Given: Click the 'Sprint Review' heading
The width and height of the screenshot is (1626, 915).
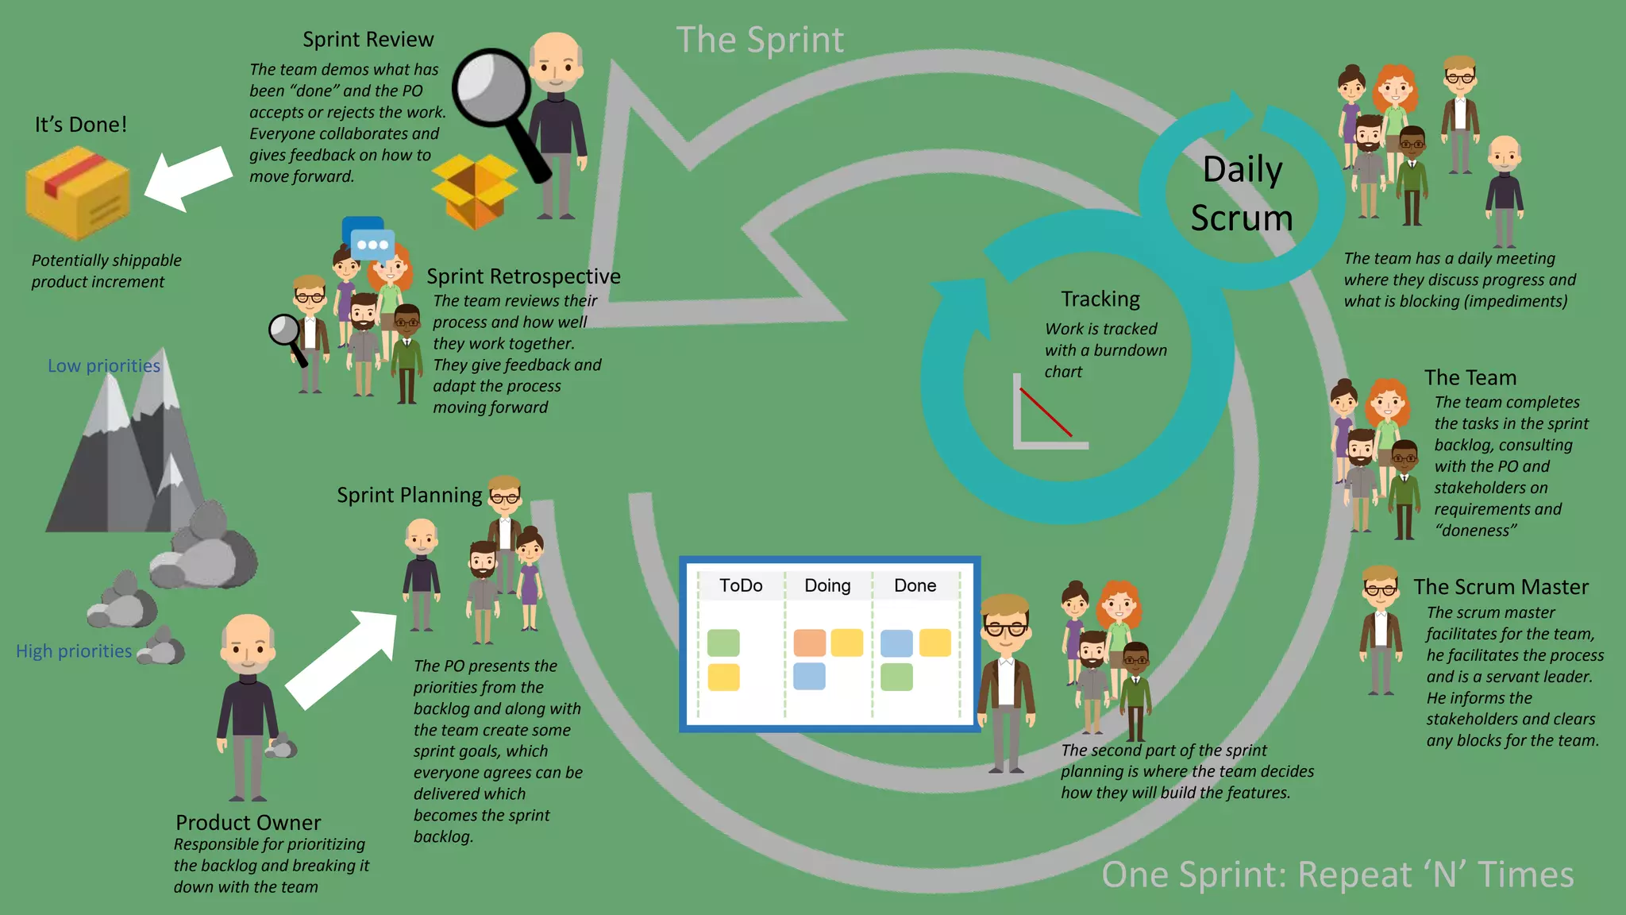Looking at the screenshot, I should (368, 40).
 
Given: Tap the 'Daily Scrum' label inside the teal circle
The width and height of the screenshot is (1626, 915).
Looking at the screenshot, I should (1242, 194).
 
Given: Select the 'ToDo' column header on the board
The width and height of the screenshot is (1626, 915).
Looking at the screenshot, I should (740, 586).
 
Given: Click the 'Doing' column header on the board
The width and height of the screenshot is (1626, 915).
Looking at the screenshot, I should (827, 586).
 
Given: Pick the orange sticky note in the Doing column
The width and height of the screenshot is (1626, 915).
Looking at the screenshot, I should (809, 643).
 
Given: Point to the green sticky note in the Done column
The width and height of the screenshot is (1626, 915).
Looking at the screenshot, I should (896, 678).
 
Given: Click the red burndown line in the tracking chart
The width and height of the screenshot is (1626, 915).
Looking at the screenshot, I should (1046, 412).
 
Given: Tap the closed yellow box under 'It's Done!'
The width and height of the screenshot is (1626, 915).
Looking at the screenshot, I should (77, 194).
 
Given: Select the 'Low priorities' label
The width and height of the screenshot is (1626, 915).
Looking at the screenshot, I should (104, 366).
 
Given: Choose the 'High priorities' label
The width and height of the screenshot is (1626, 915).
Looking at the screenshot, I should (74, 651).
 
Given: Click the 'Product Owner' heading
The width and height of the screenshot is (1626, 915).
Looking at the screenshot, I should (248, 822).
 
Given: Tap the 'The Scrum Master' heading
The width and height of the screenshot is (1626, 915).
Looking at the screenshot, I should (1501, 587).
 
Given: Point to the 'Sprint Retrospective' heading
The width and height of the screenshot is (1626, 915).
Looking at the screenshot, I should (523, 276).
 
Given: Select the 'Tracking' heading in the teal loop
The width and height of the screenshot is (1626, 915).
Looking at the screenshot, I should (1100, 299).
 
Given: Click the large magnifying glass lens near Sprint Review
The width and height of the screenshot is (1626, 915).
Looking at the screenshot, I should (491, 87).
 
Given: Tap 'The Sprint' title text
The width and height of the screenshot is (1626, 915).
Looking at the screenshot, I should (760, 40).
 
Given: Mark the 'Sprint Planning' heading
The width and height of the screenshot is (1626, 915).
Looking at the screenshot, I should (409, 496).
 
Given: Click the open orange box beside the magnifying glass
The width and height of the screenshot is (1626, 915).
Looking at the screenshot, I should (475, 191).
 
